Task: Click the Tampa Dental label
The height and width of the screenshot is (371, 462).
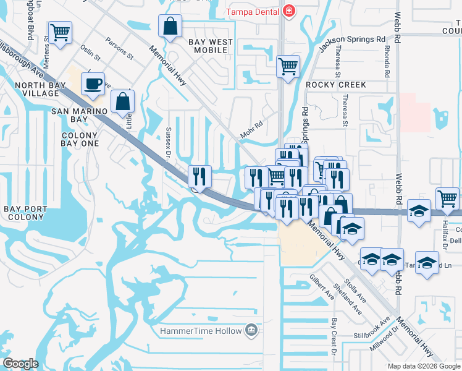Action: pyautogui.click(x=253, y=11)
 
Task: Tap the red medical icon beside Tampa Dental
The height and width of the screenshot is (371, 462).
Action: pyautogui.click(x=288, y=11)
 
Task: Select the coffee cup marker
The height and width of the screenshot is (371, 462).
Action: pyautogui.click(x=93, y=84)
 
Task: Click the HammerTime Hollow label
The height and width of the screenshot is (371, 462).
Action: pyautogui.click(x=201, y=331)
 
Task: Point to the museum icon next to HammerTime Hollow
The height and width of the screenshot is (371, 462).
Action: pyautogui.click(x=251, y=331)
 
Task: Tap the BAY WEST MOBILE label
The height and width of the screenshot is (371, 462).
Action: pyautogui.click(x=211, y=46)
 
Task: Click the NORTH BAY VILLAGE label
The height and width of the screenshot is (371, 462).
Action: pyautogui.click(x=28, y=89)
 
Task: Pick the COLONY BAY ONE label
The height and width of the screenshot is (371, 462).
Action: pyautogui.click(x=80, y=140)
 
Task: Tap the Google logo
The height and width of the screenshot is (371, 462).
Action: pyautogui.click(x=20, y=364)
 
